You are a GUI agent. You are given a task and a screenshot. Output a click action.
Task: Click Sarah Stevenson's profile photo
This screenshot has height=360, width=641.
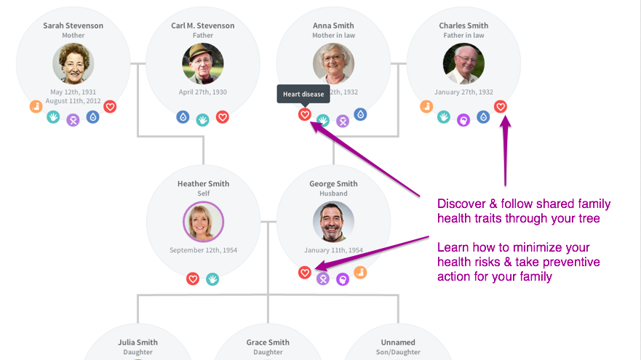coord(73,64)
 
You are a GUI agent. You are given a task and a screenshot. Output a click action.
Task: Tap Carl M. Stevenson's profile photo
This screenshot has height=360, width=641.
coord(203,64)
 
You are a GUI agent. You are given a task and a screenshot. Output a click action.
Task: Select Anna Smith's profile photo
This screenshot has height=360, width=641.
coord(333,64)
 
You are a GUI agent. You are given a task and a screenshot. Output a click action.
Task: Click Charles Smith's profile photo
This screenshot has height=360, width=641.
coord(463,64)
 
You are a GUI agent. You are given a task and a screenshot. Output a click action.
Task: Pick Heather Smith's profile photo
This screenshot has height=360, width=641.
coord(203,222)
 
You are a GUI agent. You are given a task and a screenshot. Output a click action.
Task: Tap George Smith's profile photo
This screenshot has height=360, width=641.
coord(333,222)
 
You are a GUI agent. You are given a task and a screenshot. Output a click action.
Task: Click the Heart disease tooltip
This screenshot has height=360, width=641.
coord(303,95)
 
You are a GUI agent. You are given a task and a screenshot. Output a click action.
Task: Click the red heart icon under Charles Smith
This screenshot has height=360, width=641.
coord(501,107)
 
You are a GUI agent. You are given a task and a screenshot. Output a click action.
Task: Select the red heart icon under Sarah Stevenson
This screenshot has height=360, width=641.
coord(110,107)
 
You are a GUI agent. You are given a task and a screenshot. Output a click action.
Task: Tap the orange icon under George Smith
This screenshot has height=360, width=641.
coord(360,273)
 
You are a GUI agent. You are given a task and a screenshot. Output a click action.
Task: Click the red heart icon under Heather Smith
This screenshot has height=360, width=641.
coord(193,278)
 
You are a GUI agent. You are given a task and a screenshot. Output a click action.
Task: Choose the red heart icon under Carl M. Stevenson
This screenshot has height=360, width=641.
coord(223,116)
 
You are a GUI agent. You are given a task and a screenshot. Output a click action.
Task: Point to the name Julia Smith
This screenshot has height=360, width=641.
coord(138,343)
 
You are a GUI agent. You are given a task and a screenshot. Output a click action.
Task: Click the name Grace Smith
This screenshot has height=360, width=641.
coord(268,343)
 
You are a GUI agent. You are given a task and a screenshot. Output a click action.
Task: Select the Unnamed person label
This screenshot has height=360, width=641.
coord(398,343)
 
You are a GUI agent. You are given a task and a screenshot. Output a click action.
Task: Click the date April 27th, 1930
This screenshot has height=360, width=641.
coord(203,92)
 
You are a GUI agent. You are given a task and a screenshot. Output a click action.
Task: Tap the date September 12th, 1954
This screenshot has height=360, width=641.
coord(203,250)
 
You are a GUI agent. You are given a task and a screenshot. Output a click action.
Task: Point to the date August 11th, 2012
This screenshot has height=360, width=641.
coord(73,101)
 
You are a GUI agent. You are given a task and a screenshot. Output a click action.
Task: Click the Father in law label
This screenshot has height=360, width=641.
coord(463,36)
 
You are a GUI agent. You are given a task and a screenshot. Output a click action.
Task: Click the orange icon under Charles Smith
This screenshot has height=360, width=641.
coord(427,107)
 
